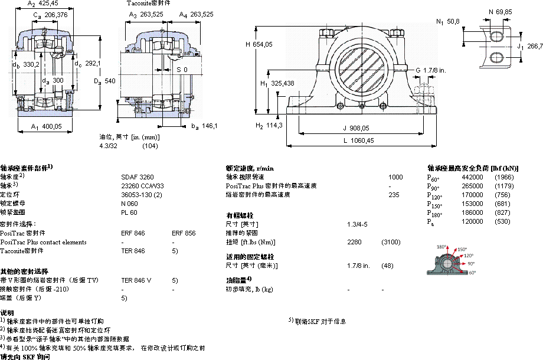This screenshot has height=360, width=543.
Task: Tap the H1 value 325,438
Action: [282, 83]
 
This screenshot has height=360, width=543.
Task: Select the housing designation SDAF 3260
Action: [137, 176]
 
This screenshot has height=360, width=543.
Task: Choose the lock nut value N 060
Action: [129, 203]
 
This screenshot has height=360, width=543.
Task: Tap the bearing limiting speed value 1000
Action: [395, 177]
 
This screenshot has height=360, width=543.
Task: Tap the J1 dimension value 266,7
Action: [534, 45]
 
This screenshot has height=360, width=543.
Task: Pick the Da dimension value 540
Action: [110, 81]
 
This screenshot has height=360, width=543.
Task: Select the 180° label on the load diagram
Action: [441, 247]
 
